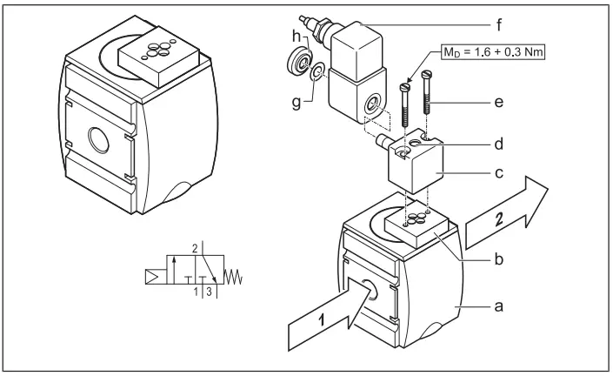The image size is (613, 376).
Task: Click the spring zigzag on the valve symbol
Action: click(236, 279)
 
